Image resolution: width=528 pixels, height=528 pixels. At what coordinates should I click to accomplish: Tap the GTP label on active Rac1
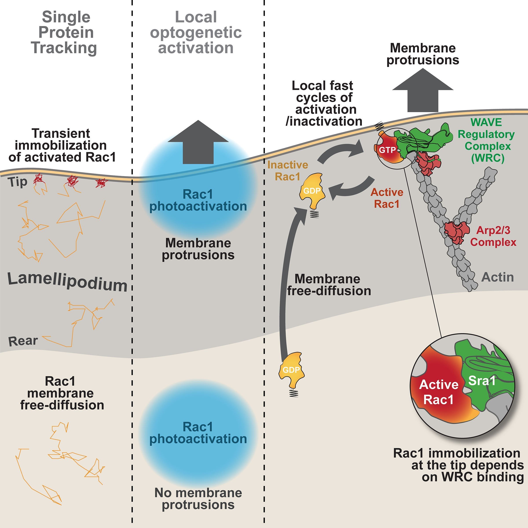(x=387, y=150)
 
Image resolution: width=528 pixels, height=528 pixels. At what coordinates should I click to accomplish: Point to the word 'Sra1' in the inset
(x=482, y=381)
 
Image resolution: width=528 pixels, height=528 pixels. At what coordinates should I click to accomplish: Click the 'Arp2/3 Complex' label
(x=493, y=236)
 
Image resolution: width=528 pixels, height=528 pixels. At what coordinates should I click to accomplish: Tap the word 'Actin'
(x=497, y=277)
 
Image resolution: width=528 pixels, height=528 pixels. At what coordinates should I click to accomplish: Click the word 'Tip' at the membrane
(x=18, y=182)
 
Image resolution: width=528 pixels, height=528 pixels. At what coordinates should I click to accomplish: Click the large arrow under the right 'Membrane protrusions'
(x=423, y=92)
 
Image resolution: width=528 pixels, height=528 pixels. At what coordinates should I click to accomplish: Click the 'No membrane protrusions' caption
(x=198, y=499)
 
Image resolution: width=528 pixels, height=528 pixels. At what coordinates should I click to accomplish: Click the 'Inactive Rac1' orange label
(x=288, y=171)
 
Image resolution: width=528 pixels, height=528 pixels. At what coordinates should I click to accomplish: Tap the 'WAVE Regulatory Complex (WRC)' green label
(x=486, y=140)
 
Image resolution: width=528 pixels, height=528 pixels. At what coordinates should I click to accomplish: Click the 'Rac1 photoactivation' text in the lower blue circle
(x=198, y=433)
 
